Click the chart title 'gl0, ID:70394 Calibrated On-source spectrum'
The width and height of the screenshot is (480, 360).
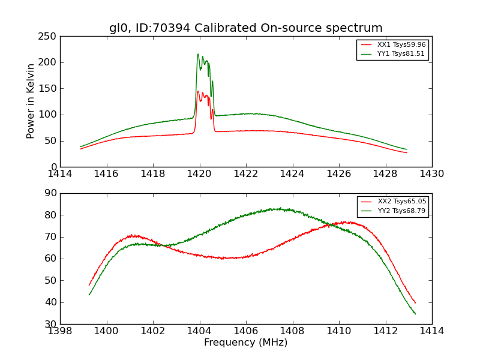tap(245, 28)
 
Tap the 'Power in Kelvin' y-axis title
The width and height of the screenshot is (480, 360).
tap(31, 101)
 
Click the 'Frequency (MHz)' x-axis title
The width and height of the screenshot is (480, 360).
tap(245, 343)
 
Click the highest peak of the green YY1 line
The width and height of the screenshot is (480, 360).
tap(198, 54)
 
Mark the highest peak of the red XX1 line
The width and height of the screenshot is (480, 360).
tap(198, 91)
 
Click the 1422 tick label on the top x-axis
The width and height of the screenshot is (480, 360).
tap(245, 174)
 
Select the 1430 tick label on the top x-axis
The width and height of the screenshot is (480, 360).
tap(431, 174)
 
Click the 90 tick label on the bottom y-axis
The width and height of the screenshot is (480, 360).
tap(51, 193)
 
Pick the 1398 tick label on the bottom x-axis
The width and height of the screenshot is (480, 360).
tap(60, 331)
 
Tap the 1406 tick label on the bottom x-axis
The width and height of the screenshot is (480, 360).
tap(245, 331)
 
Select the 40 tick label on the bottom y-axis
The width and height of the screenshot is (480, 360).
tap(51, 302)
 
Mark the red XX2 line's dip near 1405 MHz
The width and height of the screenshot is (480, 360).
tap(223, 258)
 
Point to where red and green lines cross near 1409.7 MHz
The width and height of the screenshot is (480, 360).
tap(329, 225)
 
